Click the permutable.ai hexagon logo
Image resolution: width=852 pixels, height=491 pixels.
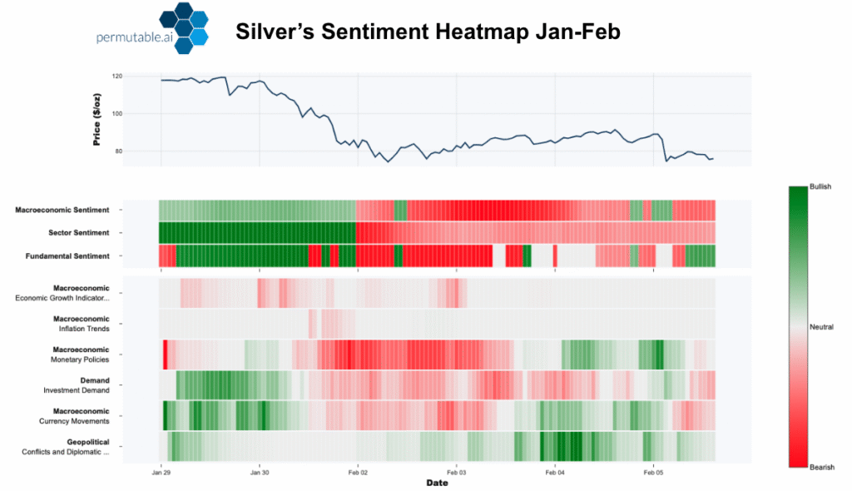(184, 31)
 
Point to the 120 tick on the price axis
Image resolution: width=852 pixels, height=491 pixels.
(116, 77)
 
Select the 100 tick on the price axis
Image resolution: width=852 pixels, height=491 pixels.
(116, 114)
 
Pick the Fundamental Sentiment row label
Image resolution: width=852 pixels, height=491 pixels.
(68, 256)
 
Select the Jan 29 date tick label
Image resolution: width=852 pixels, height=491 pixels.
(161, 471)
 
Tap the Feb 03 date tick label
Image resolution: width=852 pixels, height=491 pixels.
(456, 471)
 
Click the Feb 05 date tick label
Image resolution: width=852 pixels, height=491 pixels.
(653, 471)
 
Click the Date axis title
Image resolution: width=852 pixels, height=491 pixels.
(437, 483)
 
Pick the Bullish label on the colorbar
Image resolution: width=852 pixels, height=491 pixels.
(820, 187)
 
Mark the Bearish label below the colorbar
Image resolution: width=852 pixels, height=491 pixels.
(821, 468)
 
